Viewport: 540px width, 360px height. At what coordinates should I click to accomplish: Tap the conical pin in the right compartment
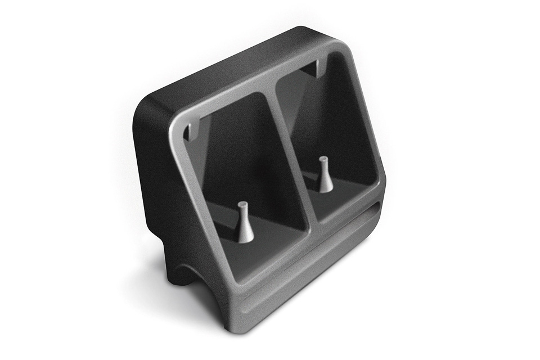(x=325, y=175)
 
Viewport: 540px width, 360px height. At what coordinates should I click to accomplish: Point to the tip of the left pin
(x=242, y=205)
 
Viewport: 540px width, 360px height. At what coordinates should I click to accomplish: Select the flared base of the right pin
(x=326, y=188)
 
